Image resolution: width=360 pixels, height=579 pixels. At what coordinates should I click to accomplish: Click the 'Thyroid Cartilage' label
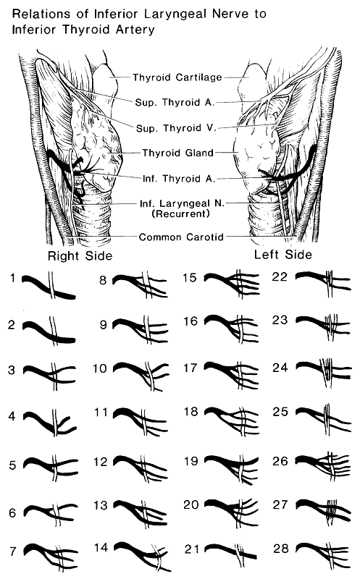tap(177, 77)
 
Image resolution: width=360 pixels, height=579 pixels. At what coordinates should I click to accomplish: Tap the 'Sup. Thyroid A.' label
tap(175, 102)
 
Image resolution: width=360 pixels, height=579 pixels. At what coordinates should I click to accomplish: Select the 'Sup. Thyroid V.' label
tap(176, 128)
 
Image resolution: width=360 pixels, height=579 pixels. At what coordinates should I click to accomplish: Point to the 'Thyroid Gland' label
tap(178, 153)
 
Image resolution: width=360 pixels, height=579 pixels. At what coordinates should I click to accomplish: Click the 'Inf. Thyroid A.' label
tap(179, 179)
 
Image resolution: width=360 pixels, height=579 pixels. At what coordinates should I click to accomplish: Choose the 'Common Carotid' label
tap(181, 237)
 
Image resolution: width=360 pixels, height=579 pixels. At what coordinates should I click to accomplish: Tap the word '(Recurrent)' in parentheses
tap(181, 214)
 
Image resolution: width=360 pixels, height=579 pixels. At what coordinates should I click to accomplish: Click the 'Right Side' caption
tap(80, 256)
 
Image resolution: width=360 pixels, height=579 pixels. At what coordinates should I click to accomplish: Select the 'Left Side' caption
tap(282, 255)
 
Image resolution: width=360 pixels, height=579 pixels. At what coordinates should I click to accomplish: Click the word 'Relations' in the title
tap(41, 14)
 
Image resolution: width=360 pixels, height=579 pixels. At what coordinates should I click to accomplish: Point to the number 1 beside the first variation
tap(13, 278)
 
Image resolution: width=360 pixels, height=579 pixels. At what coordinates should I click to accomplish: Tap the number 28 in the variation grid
tap(280, 549)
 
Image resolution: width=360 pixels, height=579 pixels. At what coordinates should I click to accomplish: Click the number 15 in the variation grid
tap(190, 278)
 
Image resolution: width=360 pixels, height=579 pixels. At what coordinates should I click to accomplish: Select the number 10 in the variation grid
tap(99, 368)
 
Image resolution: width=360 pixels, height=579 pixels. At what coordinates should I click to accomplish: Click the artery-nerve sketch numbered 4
tap(50, 423)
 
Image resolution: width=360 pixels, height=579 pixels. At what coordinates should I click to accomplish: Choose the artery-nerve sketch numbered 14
tap(142, 556)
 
